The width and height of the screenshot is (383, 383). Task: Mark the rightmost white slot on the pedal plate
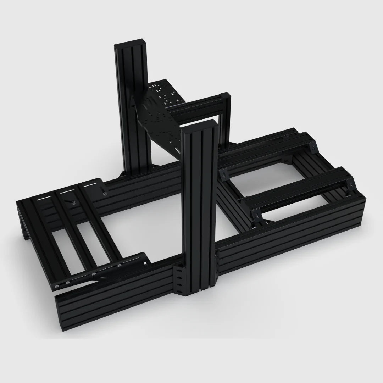point(90,186)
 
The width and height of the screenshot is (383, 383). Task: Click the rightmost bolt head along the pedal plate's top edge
point(105,193)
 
